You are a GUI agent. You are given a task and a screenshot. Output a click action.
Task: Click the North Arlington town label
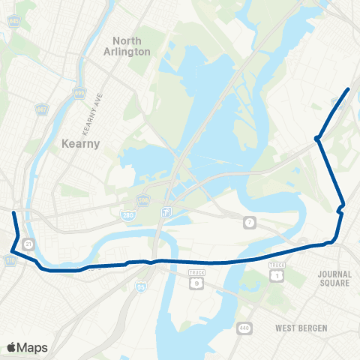coord(131,46)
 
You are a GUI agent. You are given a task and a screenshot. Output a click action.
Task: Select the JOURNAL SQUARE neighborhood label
coord(334,278)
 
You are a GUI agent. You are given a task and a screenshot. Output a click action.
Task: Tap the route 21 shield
coord(28,244)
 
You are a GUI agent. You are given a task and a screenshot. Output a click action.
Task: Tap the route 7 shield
coord(249,222)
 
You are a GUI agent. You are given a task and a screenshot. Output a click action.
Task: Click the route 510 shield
coord(10,259)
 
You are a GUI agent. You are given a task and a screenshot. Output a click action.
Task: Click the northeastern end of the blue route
coord(349,89)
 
